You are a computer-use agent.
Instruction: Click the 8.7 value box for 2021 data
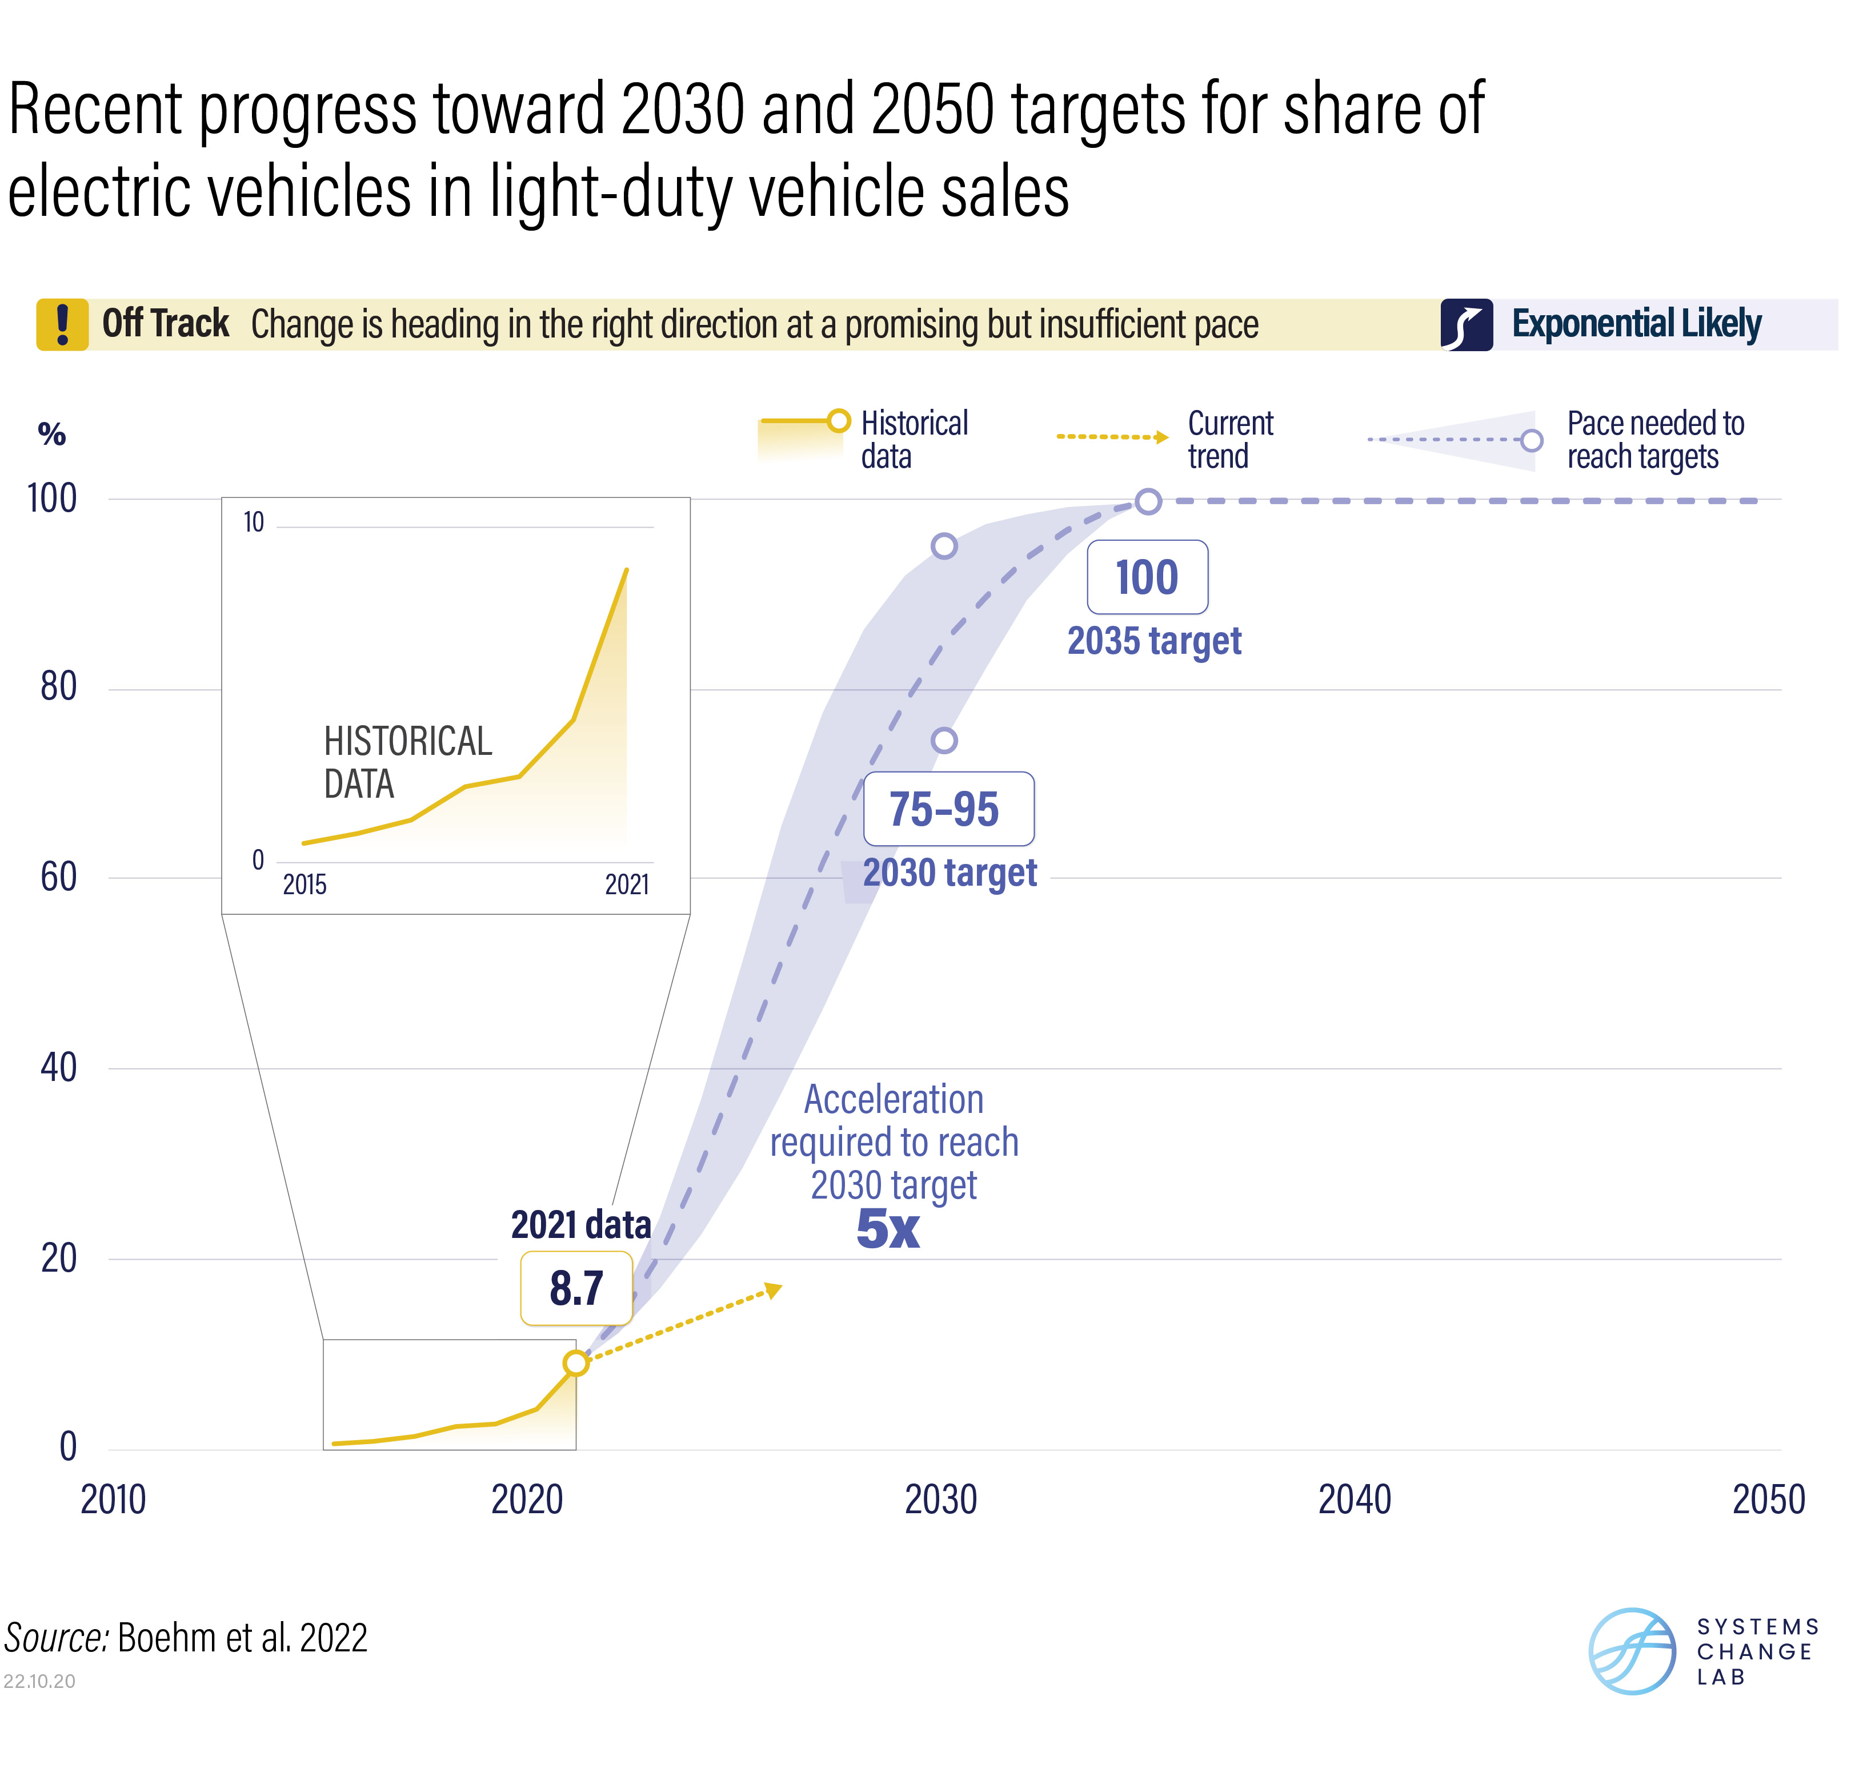coord(576,1288)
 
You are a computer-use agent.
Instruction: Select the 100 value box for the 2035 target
coord(1147,577)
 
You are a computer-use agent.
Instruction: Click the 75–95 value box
coord(948,809)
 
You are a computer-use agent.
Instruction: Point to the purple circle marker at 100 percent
coord(1149,501)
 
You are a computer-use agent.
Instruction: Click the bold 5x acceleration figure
coord(888,1229)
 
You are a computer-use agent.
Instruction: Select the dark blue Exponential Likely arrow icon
coord(1467,324)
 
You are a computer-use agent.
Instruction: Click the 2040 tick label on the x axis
coord(1355,1499)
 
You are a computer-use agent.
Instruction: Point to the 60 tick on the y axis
coord(58,877)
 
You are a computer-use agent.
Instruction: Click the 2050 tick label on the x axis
coord(1768,1499)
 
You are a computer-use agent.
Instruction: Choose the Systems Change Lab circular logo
coord(1632,1651)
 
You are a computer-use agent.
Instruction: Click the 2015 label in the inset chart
coord(305,885)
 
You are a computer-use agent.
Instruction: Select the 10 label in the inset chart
coord(253,522)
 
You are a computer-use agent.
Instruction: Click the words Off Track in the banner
coord(166,324)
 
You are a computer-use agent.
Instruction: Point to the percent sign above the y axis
coord(51,435)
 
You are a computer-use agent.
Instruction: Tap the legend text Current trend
coord(1229,440)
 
